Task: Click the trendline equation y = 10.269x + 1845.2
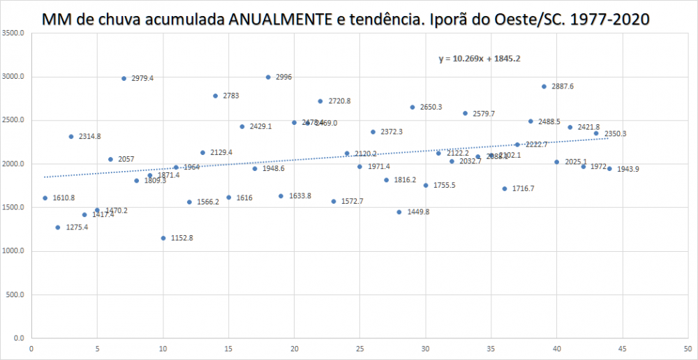479,59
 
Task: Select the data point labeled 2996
268,77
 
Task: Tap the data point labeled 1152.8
163,238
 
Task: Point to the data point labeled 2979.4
124,78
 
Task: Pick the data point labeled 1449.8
399,212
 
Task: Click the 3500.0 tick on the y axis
14,33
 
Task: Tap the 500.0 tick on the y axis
16,294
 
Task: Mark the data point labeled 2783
216,96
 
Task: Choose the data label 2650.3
431,107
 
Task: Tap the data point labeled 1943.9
609,168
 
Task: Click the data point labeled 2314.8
71,137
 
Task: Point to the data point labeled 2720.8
320,101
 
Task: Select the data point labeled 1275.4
58,227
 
